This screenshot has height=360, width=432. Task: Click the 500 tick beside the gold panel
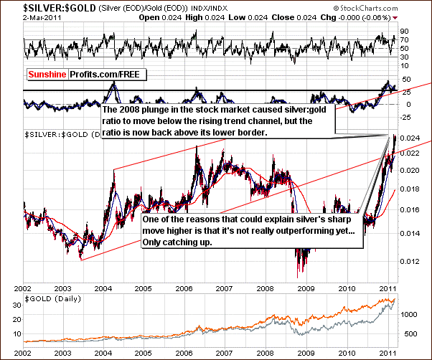pos(409,333)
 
